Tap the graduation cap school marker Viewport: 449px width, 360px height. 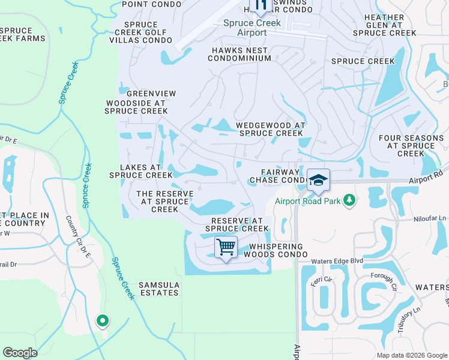(x=318, y=179)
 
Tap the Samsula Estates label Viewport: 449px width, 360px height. (x=158, y=289)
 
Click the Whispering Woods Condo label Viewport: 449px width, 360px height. (x=274, y=250)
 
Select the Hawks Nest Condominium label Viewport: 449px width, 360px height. (x=240, y=55)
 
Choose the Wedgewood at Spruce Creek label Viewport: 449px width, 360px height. (x=271, y=129)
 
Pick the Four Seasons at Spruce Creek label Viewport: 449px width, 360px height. (x=411, y=146)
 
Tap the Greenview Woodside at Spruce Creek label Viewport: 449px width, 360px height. (x=136, y=103)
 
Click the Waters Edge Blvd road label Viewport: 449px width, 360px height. (x=338, y=262)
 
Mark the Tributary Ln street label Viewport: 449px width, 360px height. (x=408, y=318)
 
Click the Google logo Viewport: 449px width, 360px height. (x=20, y=353)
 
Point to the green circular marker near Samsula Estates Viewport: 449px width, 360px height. (x=103, y=321)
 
